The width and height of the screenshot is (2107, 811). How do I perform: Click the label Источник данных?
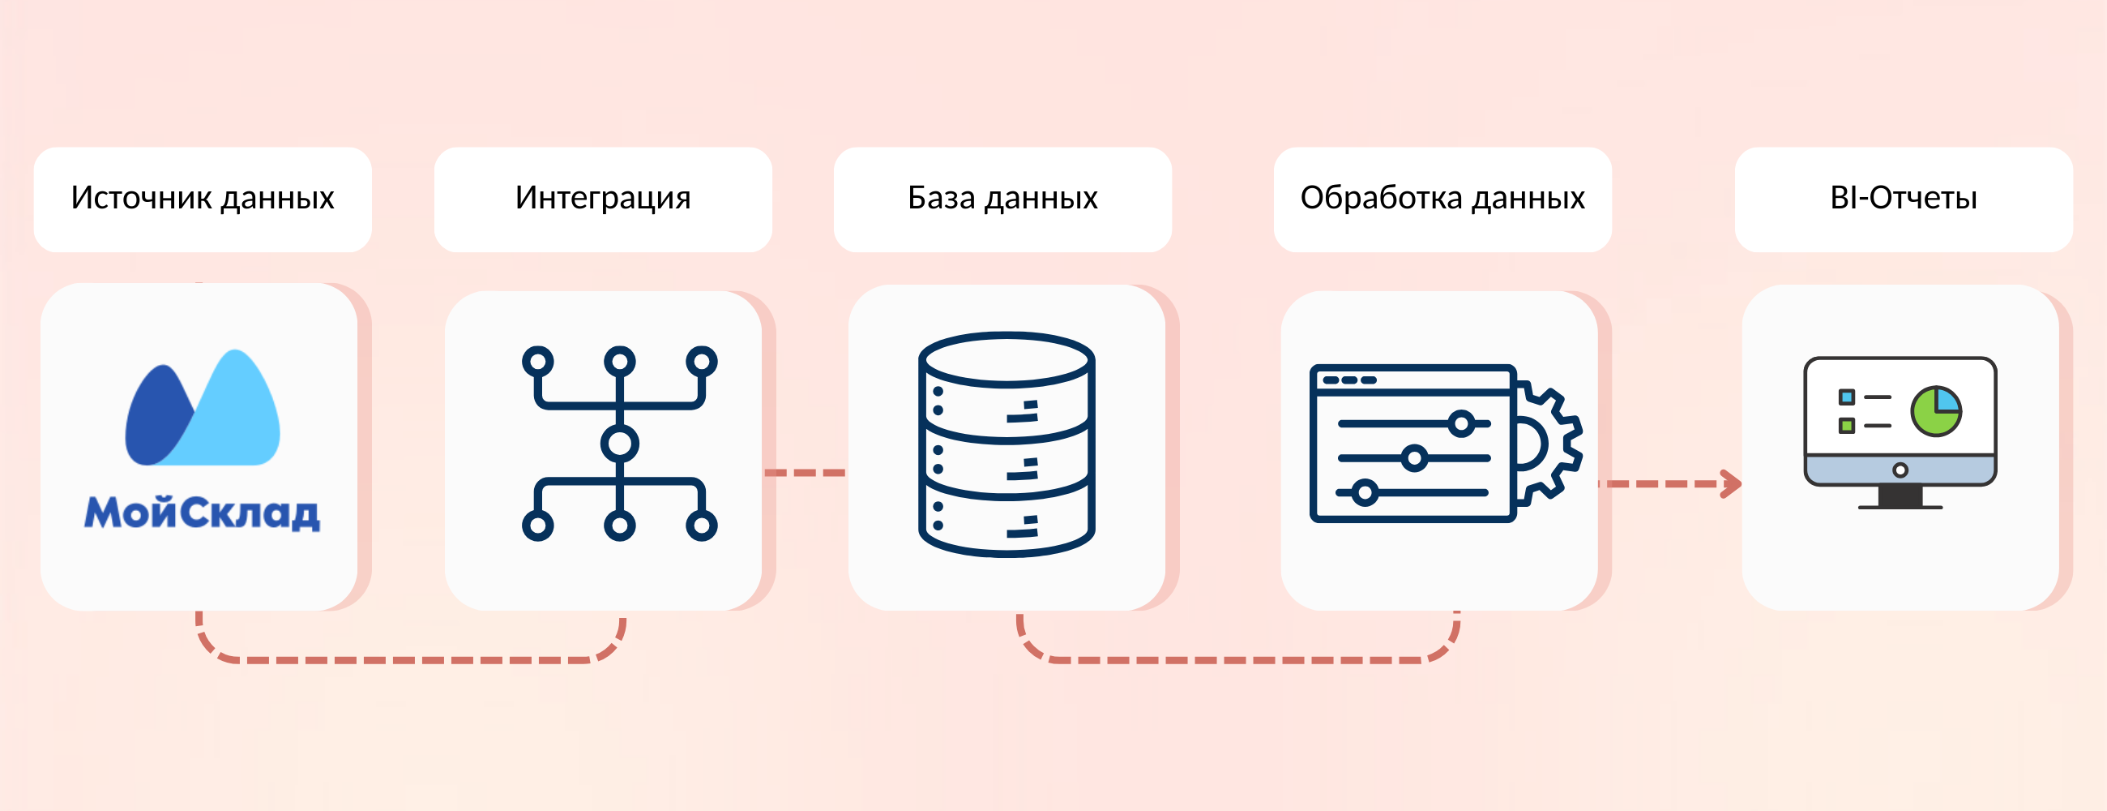pos(202,198)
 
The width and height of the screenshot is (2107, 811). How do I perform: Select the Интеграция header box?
pos(603,200)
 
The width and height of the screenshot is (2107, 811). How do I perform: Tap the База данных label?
pos(1002,198)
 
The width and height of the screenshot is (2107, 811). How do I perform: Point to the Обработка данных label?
pos(1442,198)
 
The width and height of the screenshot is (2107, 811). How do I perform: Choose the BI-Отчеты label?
pos(1904,198)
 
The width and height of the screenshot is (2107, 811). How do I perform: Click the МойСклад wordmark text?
pos(202,513)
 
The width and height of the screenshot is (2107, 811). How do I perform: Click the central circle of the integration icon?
pos(619,444)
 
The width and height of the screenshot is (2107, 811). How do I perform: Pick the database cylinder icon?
pos(1006,444)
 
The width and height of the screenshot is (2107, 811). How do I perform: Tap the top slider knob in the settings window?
pos(1461,423)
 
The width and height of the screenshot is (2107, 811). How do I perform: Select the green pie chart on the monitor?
pos(1936,411)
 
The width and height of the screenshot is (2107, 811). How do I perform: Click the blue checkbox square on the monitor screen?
pos(1846,397)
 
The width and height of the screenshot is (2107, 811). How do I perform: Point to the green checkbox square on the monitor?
pos(1846,426)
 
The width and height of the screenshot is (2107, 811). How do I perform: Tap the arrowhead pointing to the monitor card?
pos(1732,483)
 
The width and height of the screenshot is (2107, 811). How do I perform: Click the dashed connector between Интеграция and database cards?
pos(805,472)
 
